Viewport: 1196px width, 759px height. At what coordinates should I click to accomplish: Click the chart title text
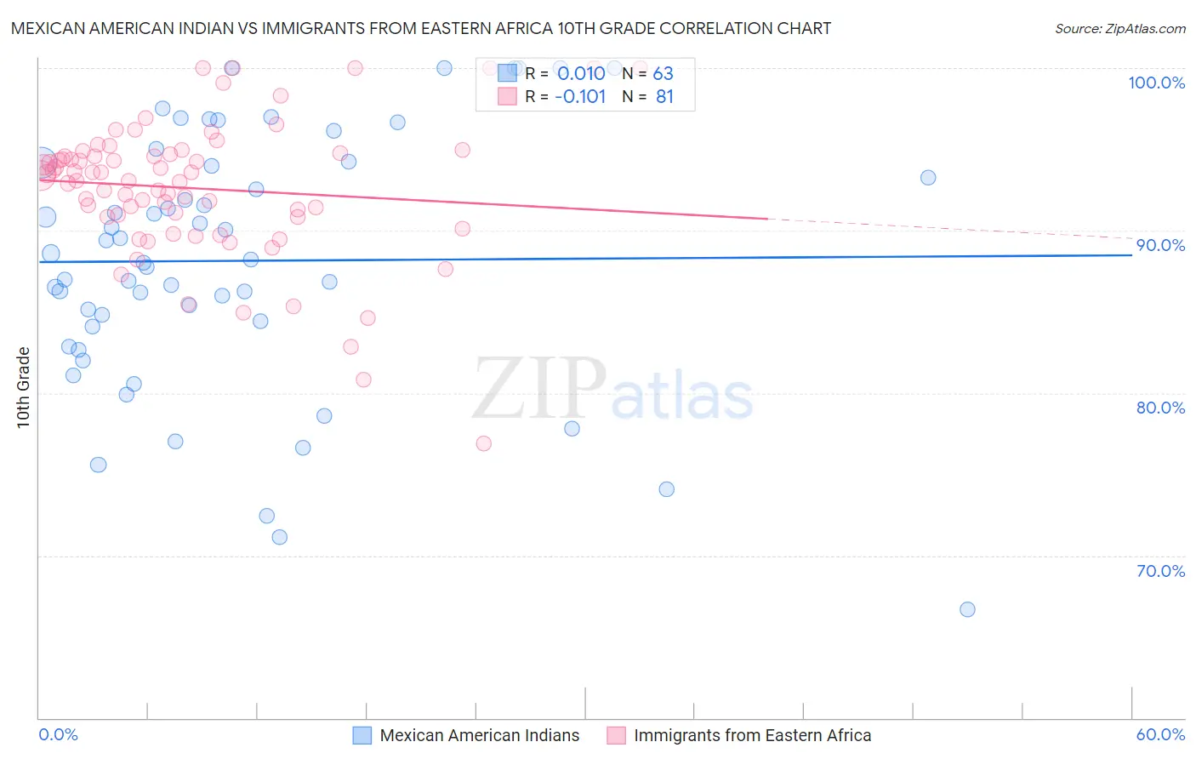click(x=421, y=28)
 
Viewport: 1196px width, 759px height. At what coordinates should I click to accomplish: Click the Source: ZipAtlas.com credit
click(x=1119, y=28)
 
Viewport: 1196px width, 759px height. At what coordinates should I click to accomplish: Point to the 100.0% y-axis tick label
click(x=1156, y=83)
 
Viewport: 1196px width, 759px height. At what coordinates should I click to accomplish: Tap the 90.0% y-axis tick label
click(x=1160, y=245)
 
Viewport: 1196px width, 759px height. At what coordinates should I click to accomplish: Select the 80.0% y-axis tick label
click(x=1160, y=408)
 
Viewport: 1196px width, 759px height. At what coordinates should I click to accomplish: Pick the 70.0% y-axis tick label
click(x=1160, y=571)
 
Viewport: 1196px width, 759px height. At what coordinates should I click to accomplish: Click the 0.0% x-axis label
click(x=58, y=734)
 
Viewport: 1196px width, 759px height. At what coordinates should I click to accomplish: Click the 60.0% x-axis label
click(x=1160, y=734)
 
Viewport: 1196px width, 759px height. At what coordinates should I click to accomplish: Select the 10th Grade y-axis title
click(x=24, y=387)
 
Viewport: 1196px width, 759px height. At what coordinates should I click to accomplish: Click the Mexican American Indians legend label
click(x=479, y=735)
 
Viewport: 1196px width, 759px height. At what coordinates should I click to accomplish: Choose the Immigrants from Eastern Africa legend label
click(x=752, y=735)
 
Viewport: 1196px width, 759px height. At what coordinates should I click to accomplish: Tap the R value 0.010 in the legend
click(x=581, y=74)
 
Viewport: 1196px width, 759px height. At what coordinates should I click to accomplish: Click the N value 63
click(x=663, y=74)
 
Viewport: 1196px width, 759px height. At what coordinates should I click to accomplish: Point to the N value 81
click(x=664, y=97)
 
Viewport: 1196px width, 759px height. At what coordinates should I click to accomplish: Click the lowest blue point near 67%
click(x=967, y=609)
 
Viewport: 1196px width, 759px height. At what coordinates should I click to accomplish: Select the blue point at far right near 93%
click(x=928, y=178)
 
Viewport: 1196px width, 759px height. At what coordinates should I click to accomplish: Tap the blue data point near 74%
click(x=666, y=489)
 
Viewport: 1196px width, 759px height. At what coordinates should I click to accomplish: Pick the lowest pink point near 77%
click(x=484, y=443)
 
